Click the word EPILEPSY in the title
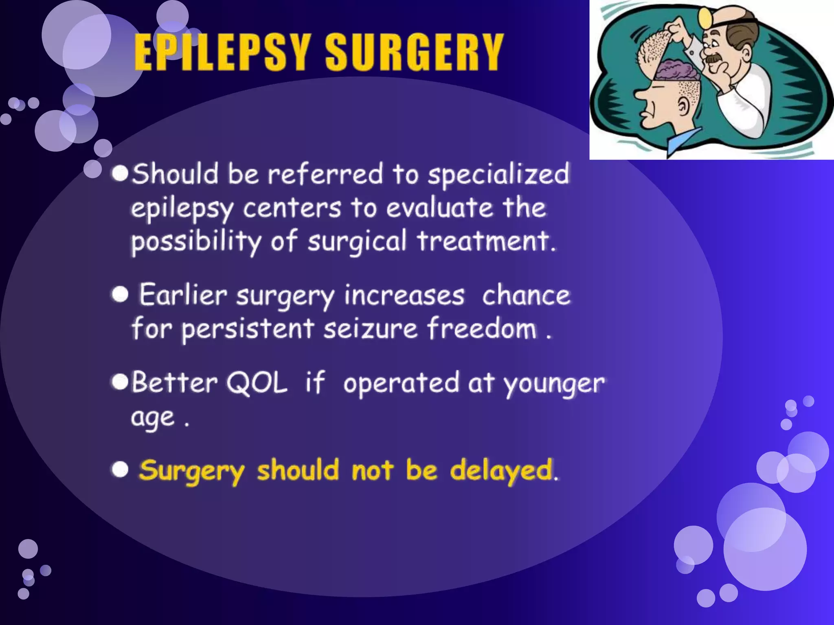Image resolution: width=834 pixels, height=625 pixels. coord(222,52)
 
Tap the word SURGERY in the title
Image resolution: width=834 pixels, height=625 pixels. coord(415,52)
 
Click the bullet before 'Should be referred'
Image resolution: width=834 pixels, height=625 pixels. coord(121,173)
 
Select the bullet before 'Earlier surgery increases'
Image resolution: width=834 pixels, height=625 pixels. coord(120,294)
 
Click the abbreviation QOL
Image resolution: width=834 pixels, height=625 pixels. coord(257,382)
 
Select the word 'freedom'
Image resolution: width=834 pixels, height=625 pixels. coord(482,329)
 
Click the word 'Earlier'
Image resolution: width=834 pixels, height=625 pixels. coord(183,295)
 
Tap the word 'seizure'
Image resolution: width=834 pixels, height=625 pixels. coord(371,329)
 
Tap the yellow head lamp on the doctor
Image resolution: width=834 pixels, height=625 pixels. coord(704,16)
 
